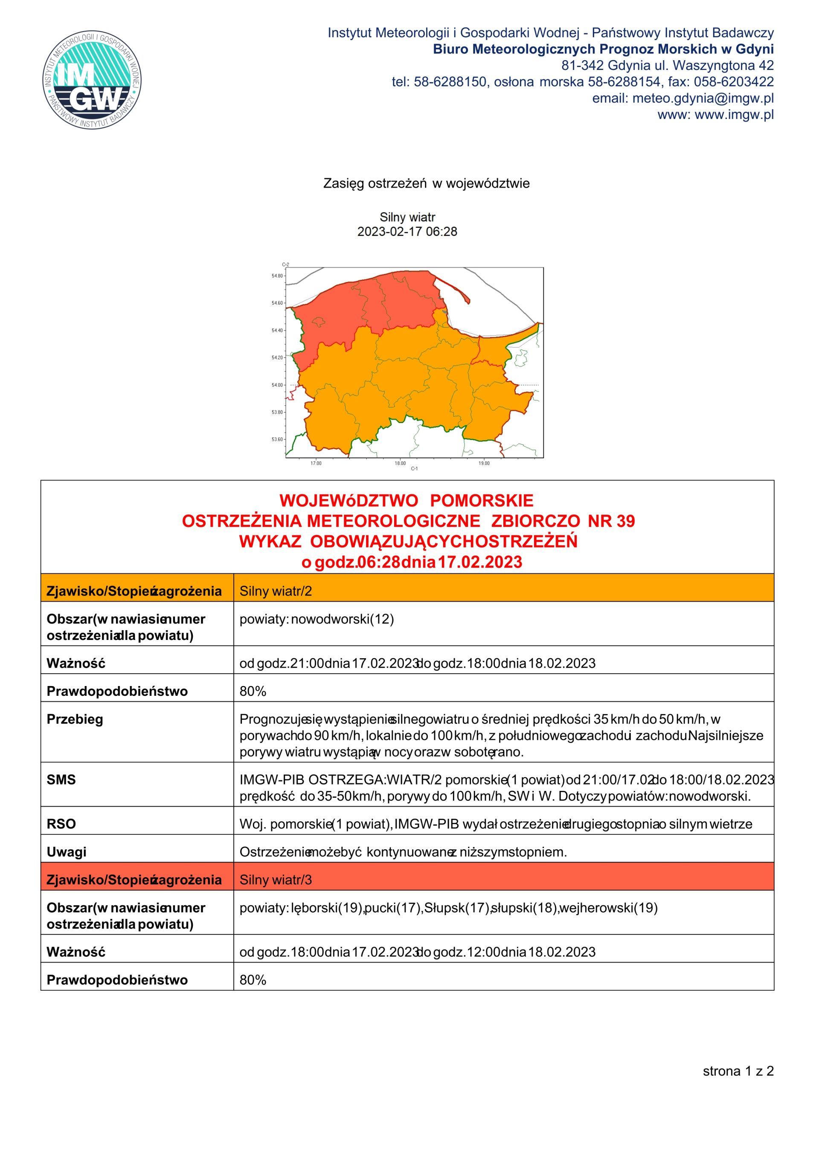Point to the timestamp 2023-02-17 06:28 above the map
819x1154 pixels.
pyautogui.click(x=407, y=232)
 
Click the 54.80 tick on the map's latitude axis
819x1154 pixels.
pyautogui.click(x=277, y=276)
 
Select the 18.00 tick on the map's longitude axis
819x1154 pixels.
pyautogui.click(x=400, y=463)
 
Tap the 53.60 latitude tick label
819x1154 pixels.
pyautogui.click(x=277, y=439)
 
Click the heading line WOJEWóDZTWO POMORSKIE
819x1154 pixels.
pyautogui.click(x=407, y=500)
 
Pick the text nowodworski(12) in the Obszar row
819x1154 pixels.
pyautogui.click(x=343, y=619)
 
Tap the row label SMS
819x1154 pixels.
pyautogui.click(x=61, y=780)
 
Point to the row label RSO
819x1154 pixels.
pyautogui.click(x=61, y=824)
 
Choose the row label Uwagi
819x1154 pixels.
pyautogui.click(x=67, y=852)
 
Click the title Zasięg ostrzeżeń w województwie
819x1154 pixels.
pyautogui.click(x=426, y=183)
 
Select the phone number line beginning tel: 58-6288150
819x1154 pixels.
pyautogui.click(x=583, y=82)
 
